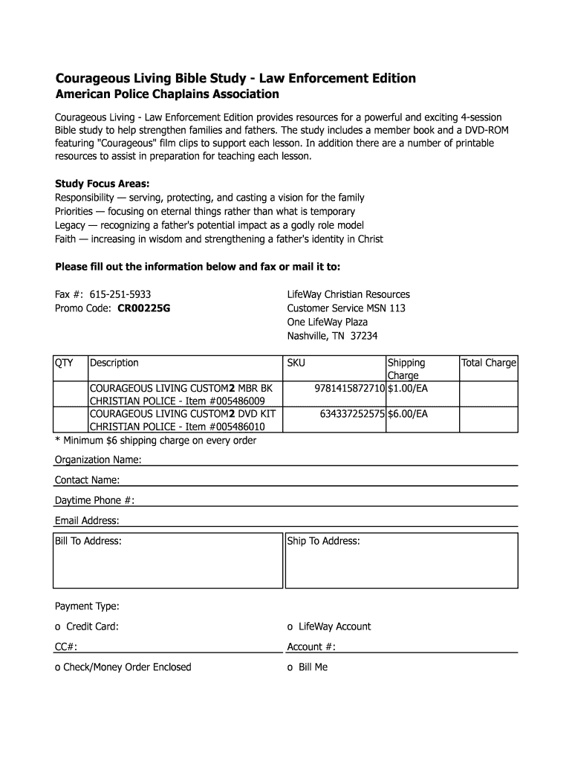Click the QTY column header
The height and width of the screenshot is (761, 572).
pyautogui.click(x=64, y=363)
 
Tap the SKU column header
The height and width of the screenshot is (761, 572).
pyautogui.click(x=296, y=363)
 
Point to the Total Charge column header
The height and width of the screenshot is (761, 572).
pyautogui.click(x=489, y=363)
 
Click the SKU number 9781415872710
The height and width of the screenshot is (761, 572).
pyautogui.click(x=350, y=389)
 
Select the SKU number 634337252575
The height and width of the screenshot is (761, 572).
pyautogui.click(x=352, y=414)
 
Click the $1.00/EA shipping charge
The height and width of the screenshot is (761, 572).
pyautogui.click(x=408, y=389)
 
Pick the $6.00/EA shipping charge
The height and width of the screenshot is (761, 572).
pyautogui.click(x=408, y=414)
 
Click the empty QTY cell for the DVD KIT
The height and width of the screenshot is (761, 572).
pyautogui.click(x=70, y=420)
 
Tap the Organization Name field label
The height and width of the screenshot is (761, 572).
pyautogui.click(x=98, y=460)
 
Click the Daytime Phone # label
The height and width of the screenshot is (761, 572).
pyautogui.click(x=94, y=500)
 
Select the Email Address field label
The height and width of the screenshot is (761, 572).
pyautogui.click(x=87, y=520)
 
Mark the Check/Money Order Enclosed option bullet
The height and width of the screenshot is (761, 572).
pyautogui.click(x=58, y=667)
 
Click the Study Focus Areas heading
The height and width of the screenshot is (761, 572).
pyautogui.click(x=103, y=184)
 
